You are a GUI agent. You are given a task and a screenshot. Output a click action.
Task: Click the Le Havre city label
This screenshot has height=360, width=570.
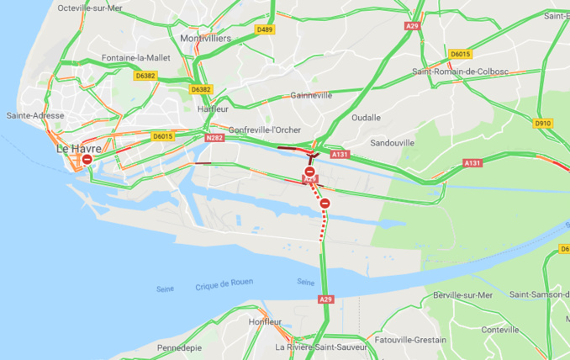coord(79,148)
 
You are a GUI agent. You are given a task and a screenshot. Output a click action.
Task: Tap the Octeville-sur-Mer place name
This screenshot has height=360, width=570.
coord(89,8)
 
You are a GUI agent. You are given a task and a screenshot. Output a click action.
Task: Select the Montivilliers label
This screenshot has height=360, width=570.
coord(206,39)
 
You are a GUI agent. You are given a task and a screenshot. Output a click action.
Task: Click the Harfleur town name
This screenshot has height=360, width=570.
coord(213,109)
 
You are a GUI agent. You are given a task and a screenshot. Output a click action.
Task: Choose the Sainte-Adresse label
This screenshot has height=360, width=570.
coord(29,115)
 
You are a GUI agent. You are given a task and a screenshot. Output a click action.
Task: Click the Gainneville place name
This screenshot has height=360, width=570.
coord(311,95)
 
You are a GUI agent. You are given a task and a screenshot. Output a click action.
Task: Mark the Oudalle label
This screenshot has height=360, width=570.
coord(366,117)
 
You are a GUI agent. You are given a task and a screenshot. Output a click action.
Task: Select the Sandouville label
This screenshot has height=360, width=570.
coord(393,143)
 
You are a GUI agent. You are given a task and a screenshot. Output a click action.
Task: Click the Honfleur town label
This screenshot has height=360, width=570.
coord(266,322)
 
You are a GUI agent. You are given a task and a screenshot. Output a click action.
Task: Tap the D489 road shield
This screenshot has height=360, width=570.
coord(265,29)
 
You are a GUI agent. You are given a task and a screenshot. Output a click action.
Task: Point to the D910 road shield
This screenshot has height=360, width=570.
coord(543,124)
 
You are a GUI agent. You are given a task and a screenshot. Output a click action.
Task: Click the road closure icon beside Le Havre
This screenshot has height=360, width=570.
coord(87,159)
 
